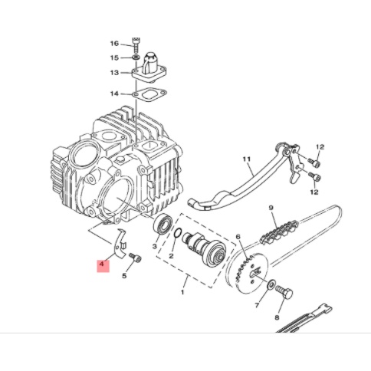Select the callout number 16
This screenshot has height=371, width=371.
coord(114,44)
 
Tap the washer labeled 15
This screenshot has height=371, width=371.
coord(136,57)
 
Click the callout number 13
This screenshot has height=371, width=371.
coord(114,73)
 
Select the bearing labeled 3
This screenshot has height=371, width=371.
coord(163,223)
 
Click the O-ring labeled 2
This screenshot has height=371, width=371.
coord(178,232)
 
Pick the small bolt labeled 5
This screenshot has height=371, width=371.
coord(136,258)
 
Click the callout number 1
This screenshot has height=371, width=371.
coord(182,292)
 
